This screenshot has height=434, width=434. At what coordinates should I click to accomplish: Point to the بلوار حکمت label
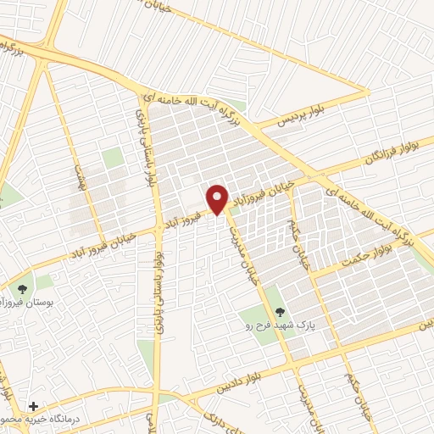370,255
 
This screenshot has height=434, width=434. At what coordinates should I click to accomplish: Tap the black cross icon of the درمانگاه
33,408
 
